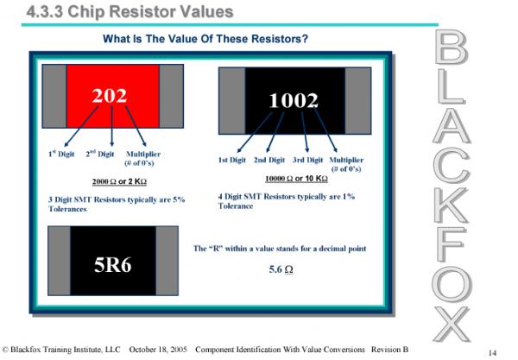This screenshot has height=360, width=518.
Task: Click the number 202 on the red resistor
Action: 110,96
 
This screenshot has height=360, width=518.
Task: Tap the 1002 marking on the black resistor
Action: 294,100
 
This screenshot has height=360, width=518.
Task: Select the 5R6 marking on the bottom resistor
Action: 112,265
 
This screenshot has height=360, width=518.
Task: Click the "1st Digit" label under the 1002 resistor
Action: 232,161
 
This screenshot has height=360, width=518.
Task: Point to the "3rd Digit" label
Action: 307,161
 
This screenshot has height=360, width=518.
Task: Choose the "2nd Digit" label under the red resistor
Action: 100,154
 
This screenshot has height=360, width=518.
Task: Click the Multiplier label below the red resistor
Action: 143,155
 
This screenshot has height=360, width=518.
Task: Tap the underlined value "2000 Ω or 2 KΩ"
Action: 119,181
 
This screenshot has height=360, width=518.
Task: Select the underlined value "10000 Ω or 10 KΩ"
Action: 296,179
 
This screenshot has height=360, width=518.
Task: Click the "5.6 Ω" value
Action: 281,269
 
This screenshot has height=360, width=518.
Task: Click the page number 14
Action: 492,353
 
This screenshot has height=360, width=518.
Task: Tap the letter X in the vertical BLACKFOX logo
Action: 452,325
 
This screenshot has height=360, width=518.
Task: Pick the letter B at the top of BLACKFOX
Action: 452,47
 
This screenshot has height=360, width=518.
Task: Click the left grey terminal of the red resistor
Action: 54,96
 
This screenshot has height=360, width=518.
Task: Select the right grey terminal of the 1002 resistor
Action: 358,101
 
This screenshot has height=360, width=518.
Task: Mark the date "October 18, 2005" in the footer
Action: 158,350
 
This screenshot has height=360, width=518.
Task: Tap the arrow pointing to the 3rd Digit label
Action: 305,132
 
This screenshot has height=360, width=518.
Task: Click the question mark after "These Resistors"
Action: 305,39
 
